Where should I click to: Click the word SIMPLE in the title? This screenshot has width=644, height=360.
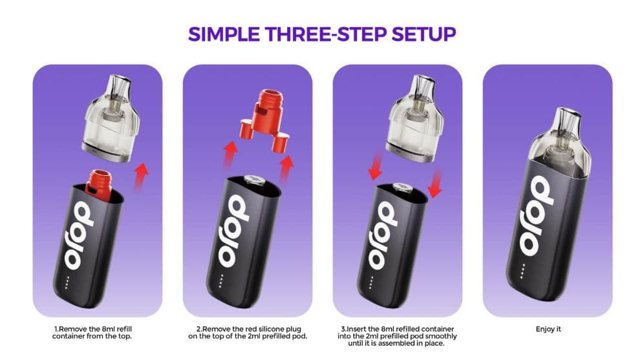pos(224,34)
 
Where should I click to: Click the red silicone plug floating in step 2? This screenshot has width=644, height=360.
pos(264,120)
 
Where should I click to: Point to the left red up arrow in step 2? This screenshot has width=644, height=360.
pos(230,155)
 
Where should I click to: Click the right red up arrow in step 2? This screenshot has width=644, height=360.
pos(286,169)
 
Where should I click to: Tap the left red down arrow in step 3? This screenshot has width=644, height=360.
pos(376,166)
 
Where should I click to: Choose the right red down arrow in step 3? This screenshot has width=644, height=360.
pos(435,183)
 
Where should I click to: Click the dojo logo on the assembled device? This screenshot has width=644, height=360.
pos(537,215)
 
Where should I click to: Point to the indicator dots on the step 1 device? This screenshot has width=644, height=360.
pos(67,282)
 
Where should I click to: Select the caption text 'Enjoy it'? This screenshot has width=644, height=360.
pos(548,329)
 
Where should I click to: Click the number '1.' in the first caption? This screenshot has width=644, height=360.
pos(57,329)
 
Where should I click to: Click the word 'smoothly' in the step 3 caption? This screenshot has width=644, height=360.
pos(440,336)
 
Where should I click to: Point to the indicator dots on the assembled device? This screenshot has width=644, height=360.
pos(523,271)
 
